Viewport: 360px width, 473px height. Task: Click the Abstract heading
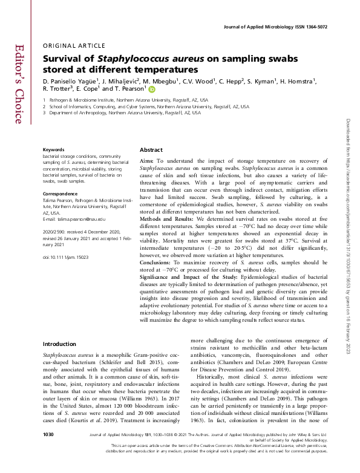151,149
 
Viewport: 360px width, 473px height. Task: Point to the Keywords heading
54,149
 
